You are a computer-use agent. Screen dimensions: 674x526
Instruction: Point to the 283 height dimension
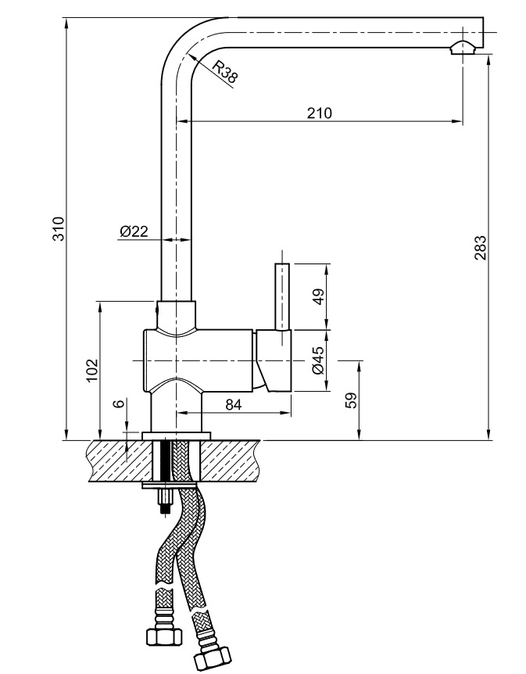(x=481, y=246)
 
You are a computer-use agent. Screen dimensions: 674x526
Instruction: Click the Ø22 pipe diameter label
(x=134, y=231)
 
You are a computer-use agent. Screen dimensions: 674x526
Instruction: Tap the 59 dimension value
(x=351, y=400)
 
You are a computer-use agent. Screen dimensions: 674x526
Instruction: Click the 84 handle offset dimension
(x=232, y=403)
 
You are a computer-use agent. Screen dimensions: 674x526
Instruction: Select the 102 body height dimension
(x=91, y=369)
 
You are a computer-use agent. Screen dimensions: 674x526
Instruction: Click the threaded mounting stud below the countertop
(x=165, y=500)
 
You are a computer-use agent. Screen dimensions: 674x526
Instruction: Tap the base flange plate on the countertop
(x=177, y=436)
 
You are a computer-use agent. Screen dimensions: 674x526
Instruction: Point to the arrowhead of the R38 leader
(x=190, y=56)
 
